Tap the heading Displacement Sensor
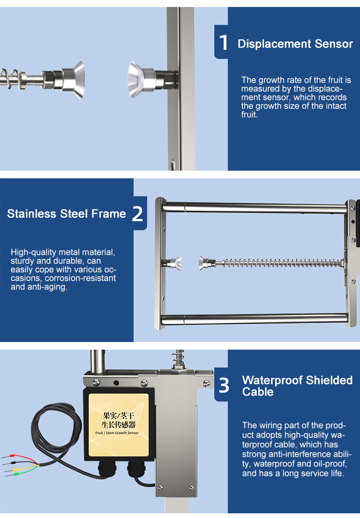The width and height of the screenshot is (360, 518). (295, 44)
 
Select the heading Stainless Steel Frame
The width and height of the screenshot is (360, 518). (66, 214)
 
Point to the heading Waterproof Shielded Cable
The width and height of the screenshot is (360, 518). (297, 386)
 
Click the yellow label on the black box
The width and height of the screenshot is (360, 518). (119, 425)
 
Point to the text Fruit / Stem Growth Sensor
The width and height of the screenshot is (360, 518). (117, 433)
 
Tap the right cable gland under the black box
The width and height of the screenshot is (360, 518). (137, 469)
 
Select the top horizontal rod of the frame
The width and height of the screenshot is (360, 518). (254, 208)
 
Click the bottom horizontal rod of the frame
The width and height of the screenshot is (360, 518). (254, 319)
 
